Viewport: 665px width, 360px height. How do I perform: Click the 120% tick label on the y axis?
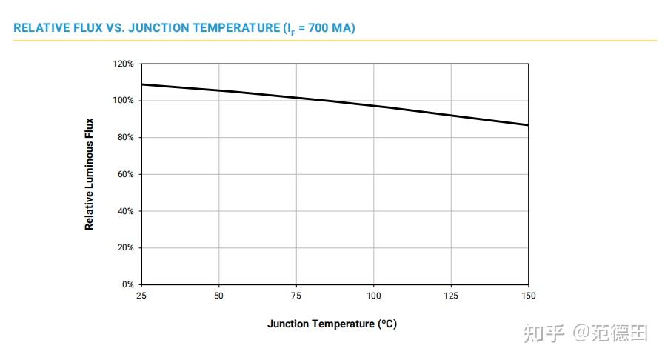tap(124, 64)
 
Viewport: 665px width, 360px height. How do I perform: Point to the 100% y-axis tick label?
tap(124, 101)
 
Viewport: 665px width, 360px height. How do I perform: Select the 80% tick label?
tap(125, 138)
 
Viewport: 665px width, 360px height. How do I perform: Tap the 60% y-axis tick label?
tap(125, 174)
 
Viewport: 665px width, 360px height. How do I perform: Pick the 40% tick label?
tap(125, 211)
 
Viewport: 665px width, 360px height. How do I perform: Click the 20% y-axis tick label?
tap(125, 248)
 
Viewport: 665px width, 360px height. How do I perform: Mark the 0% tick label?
tap(127, 284)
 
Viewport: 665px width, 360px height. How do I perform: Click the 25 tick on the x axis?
tap(141, 296)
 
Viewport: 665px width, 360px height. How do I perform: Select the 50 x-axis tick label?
tap(218, 296)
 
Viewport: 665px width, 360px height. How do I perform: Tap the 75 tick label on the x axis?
tap(296, 296)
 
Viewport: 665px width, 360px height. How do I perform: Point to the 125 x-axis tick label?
tap(450, 296)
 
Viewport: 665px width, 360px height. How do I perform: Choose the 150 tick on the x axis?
tap(527, 296)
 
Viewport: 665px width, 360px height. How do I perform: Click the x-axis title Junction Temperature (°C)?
tap(332, 324)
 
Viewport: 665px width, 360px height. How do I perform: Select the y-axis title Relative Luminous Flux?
tap(90, 174)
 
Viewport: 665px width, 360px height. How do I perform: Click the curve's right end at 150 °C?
tap(527, 125)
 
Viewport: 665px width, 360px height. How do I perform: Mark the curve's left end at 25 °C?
tap(141, 84)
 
